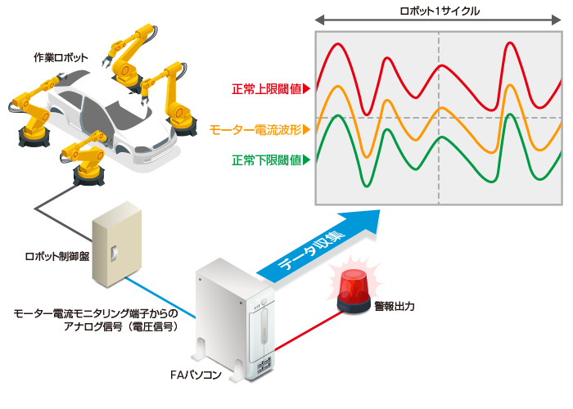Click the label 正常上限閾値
pyautogui.click(x=266, y=88)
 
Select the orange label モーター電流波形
pyautogui.click(x=255, y=129)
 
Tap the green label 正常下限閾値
pyautogui.click(x=266, y=160)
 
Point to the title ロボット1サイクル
pyautogui.click(x=440, y=11)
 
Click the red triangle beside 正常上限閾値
pyautogui.click(x=306, y=88)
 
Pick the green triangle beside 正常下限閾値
pyautogui.click(x=306, y=160)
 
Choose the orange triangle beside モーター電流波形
pyautogui.click(x=306, y=129)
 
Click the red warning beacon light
pyautogui.click(x=354, y=291)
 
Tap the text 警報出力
pyautogui.click(x=395, y=306)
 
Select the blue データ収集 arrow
pyautogui.click(x=318, y=249)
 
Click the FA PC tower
pyautogui.click(x=234, y=320)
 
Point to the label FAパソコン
pyautogui.click(x=196, y=375)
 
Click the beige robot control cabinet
pyautogui.click(x=116, y=244)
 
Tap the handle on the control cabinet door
pyautogui.click(x=114, y=253)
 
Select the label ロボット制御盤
pyautogui.click(x=57, y=256)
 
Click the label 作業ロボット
pyautogui.click(x=61, y=57)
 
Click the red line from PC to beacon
pyautogui.click(x=308, y=330)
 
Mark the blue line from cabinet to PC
pyautogui.click(x=160, y=297)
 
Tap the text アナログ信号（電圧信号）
pyautogui.click(x=121, y=326)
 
